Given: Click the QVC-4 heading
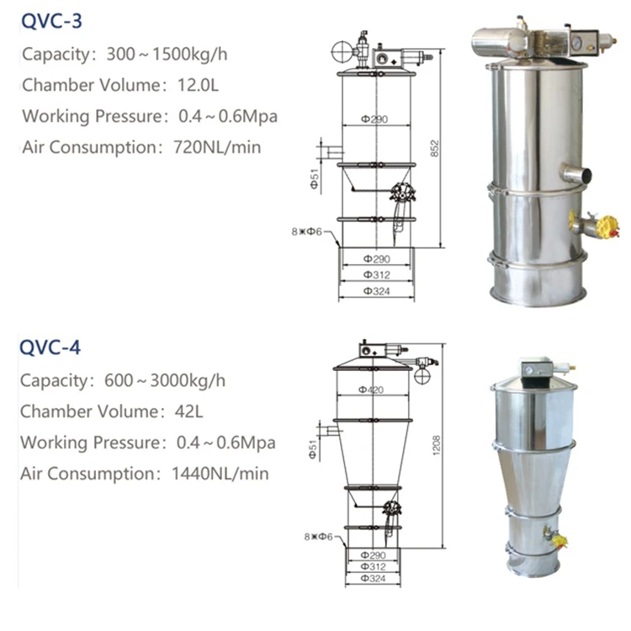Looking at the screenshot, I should (52, 346).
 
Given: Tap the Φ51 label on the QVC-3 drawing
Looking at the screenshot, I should (315, 179).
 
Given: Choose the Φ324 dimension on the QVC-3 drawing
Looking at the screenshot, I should (374, 289).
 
